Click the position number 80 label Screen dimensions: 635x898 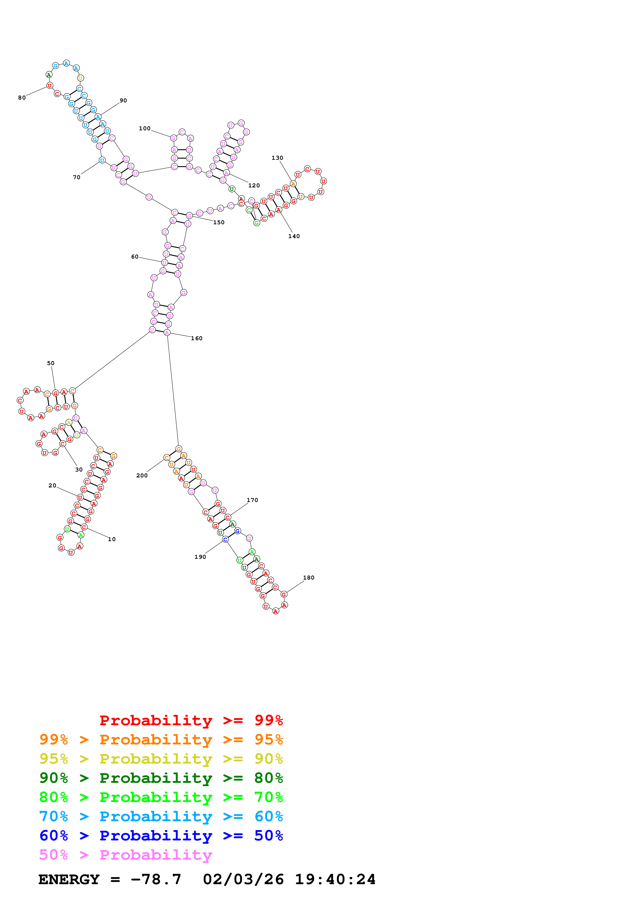tap(22, 98)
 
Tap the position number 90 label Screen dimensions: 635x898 tap(123, 101)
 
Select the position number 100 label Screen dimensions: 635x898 tap(144, 128)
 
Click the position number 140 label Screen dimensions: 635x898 tap(294, 236)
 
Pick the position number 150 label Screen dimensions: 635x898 tap(219, 222)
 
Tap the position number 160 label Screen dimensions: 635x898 tap(196, 338)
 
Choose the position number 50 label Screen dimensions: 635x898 tap(51, 363)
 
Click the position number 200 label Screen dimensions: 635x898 tap(142, 476)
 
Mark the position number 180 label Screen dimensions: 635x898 tap(308, 578)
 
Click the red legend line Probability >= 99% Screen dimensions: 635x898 tap(191, 720)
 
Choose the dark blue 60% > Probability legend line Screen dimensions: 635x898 tap(161, 836)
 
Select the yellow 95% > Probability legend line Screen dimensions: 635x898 tap(161, 759)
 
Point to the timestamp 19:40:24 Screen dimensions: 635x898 tap(335, 879)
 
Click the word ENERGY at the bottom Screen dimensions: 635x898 tap(69, 879)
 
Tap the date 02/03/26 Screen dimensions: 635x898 tap(243, 879)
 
